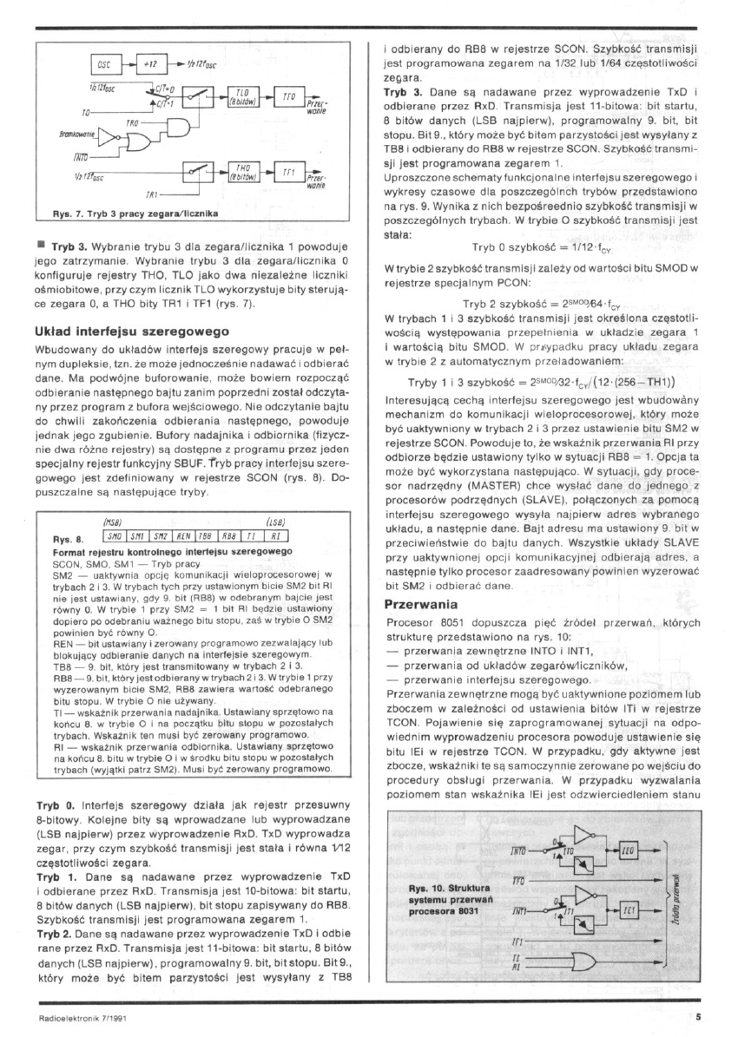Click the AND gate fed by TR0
(176, 128)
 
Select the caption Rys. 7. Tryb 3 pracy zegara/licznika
(136, 213)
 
